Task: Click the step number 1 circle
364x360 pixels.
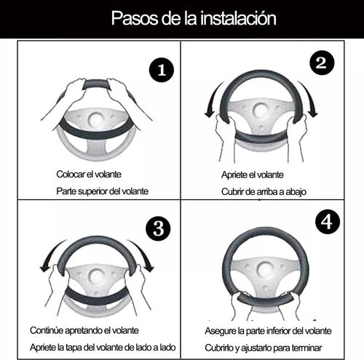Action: point(162,70)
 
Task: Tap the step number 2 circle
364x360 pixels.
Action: point(322,63)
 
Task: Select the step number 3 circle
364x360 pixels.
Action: point(158,228)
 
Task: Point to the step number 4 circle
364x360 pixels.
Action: point(327,222)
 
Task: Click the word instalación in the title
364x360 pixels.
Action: point(238,18)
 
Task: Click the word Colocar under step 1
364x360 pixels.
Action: point(71,174)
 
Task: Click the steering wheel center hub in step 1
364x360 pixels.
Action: point(96,120)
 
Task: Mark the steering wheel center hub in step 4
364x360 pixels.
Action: point(266,269)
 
